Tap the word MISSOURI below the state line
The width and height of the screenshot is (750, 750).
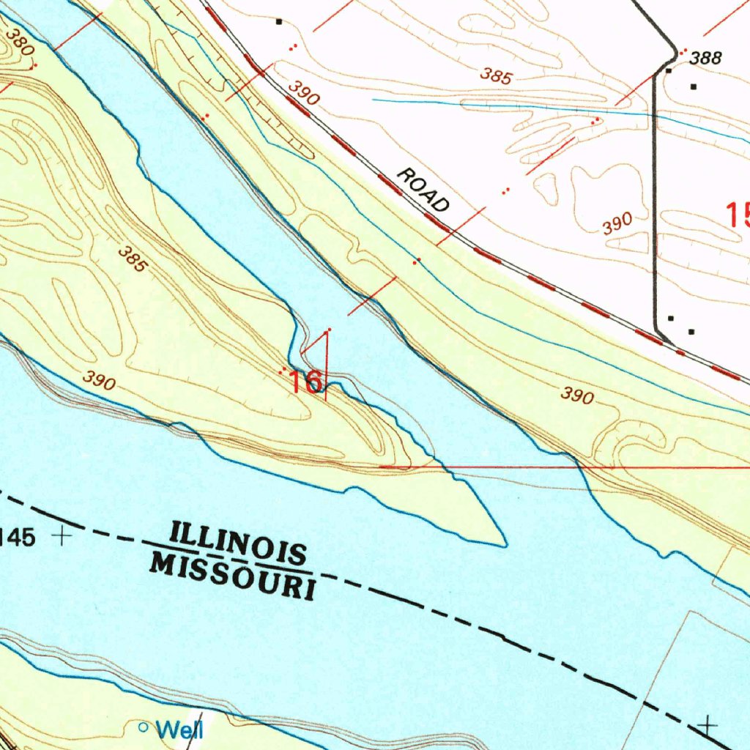click(x=234, y=576)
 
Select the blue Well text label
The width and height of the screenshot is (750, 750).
click(x=179, y=729)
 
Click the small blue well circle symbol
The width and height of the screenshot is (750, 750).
click(x=144, y=727)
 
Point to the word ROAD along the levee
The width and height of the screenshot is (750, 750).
click(x=423, y=190)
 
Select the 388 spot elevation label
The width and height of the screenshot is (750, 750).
click(x=706, y=59)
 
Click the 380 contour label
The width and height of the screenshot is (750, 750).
click(x=19, y=42)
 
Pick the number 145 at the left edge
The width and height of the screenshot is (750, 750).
click(x=16, y=538)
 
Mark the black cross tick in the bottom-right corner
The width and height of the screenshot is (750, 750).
click(x=707, y=725)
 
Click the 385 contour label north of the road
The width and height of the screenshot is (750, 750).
click(x=496, y=75)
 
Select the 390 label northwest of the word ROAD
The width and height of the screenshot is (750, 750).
click(x=303, y=93)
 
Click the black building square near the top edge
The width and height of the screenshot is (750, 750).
click(x=278, y=22)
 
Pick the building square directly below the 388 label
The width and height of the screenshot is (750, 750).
click(x=669, y=71)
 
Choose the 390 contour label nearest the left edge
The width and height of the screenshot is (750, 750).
click(x=98, y=379)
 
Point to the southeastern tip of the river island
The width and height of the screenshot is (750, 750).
click(x=504, y=544)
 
